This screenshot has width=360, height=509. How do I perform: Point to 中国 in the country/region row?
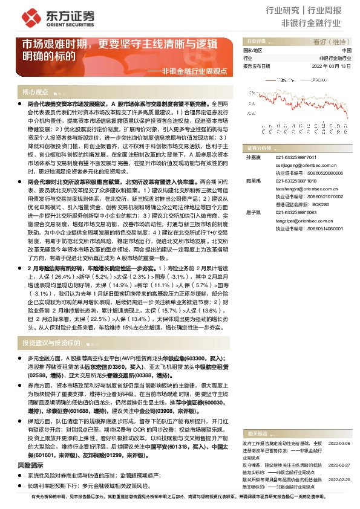346,51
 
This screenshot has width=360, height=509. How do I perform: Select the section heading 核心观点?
35,92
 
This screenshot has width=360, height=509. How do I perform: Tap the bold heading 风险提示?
30,465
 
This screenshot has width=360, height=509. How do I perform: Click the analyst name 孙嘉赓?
252,157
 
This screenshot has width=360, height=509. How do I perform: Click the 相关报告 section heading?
254,433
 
